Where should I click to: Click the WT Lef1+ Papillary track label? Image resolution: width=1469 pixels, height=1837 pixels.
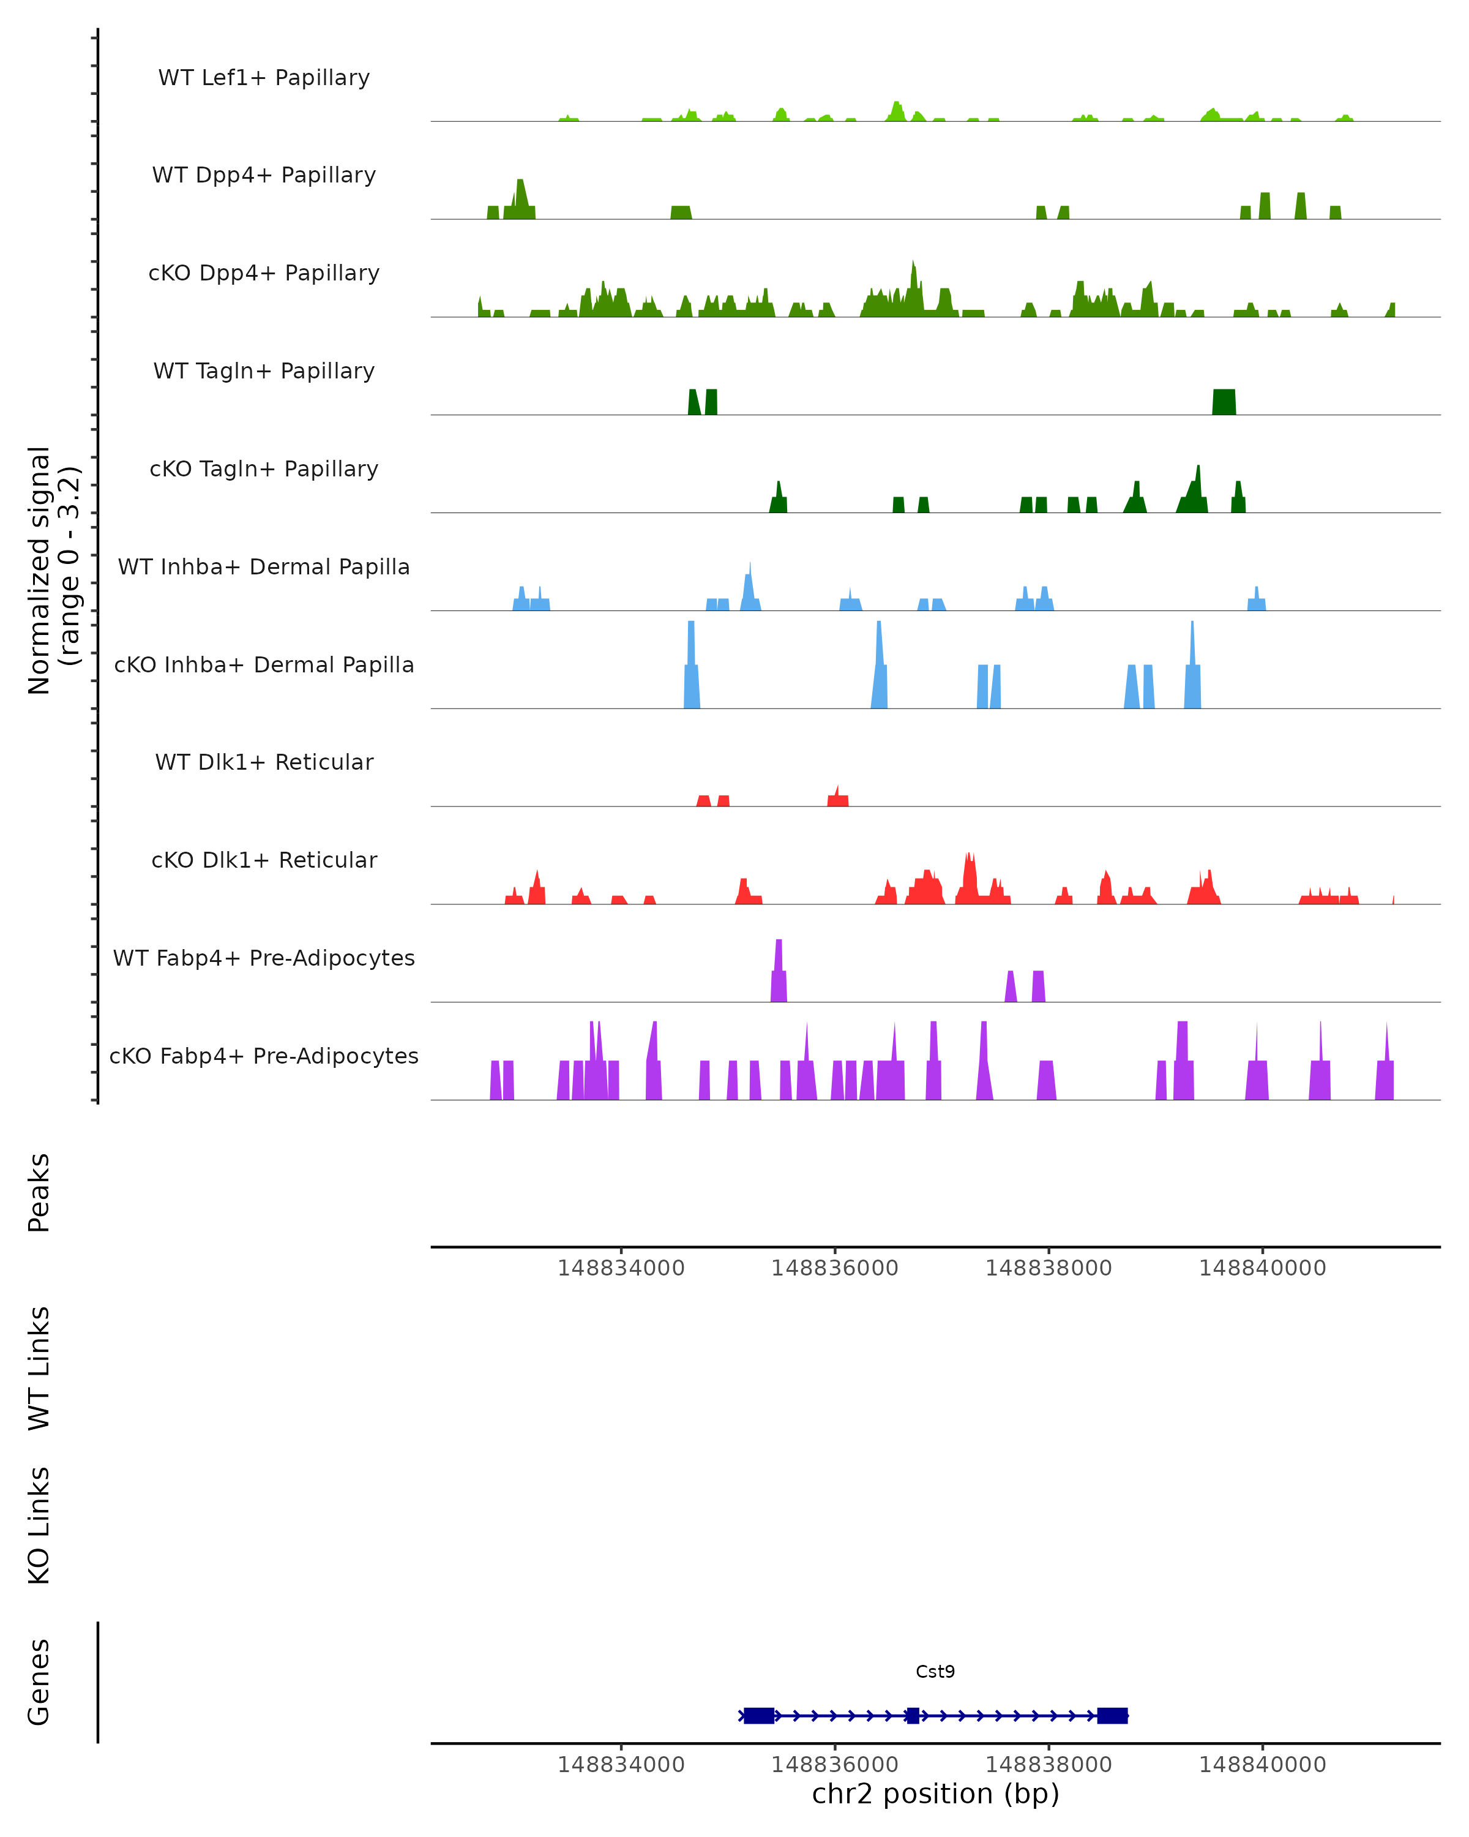point(264,78)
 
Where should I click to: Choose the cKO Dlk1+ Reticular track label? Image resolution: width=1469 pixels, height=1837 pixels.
point(264,860)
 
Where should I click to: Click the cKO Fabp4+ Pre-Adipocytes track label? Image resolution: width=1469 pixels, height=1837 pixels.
point(264,1056)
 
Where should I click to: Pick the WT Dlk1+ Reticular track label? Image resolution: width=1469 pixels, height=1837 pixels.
point(264,762)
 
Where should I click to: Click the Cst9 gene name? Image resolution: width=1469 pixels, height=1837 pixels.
point(935,1672)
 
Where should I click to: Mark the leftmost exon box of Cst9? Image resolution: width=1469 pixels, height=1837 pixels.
point(759,1715)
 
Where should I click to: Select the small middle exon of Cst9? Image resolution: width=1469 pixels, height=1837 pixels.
point(913,1715)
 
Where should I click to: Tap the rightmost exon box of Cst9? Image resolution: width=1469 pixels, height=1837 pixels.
point(1112,1715)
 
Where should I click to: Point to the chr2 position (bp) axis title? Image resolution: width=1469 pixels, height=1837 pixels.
point(935,1794)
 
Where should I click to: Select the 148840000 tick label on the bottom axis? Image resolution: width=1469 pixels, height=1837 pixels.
point(1262,1765)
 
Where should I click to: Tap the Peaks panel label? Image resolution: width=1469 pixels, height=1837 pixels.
point(39,1192)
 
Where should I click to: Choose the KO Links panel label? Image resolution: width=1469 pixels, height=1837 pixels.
point(39,1526)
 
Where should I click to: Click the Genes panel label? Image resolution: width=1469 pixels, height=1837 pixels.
point(39,1682)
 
